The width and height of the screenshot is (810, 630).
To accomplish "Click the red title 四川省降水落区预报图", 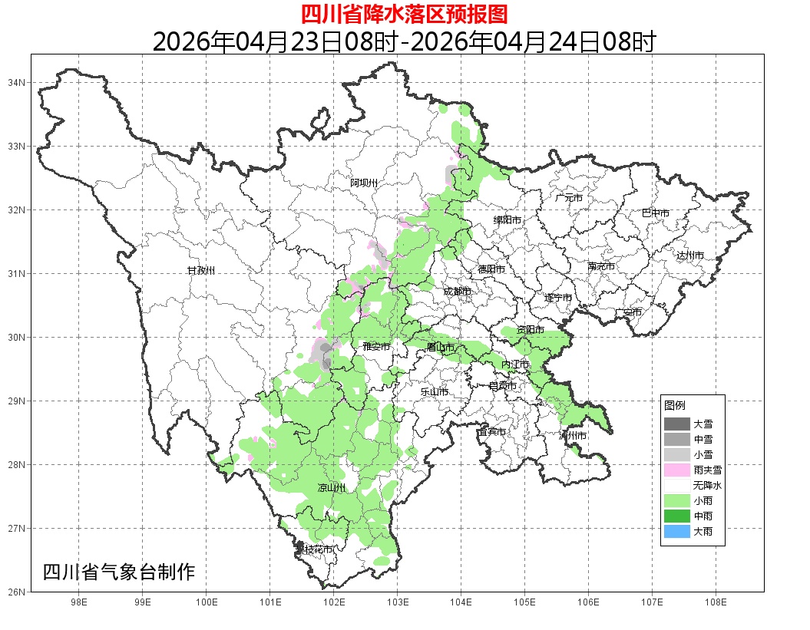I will point(404,14).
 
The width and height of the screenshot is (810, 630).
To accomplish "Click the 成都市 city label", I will point(457,292).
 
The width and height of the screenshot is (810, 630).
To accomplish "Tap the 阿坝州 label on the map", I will point(364,183).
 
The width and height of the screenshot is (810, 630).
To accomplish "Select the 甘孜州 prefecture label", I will point(201,271).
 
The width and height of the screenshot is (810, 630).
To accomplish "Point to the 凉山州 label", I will point(332,488).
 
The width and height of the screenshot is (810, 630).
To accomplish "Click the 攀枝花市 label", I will point(315,549).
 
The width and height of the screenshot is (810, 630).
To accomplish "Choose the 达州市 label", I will point(690,256).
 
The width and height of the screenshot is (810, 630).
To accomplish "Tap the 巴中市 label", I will point(655,213).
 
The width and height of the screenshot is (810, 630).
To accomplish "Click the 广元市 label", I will point(569,198).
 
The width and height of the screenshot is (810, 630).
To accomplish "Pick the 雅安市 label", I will point(376,347).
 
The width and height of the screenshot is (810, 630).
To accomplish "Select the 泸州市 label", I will point(573,436).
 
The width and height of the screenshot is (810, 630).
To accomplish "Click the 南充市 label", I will point(600,267).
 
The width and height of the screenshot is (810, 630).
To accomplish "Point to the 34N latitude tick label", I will point(18,82).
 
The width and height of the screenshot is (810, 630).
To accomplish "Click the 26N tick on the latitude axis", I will point(18,592).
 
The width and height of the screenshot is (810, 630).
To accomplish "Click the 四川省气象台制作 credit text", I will point(119,572).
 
